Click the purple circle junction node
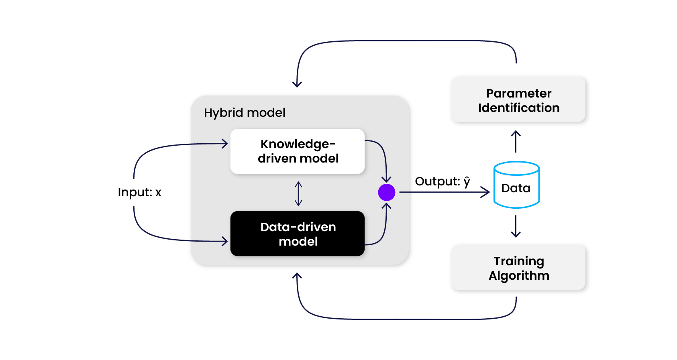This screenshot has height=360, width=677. [386, 192]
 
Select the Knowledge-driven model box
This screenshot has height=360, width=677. [297, 151]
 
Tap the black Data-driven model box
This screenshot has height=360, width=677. [297, 234]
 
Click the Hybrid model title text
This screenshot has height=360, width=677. [245, 113]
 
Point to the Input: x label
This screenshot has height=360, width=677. [139, 192]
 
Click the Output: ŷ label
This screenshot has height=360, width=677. [442, 181]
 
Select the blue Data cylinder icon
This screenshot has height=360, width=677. [516, 185]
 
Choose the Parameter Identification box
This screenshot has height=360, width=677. [518, 100]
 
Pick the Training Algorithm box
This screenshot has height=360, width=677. [518, 268]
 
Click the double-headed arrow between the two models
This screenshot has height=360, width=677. [298, 194]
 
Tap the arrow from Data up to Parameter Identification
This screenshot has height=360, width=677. [516, 141]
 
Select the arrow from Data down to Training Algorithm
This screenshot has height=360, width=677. [516, 226]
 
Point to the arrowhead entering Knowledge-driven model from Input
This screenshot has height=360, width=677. [225, 143]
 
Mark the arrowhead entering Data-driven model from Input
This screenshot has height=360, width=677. [225, 241]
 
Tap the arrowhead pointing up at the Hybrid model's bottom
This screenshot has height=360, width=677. [297, 276]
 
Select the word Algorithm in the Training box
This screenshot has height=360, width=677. [519, 276]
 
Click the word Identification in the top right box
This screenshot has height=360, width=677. [519, 108]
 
